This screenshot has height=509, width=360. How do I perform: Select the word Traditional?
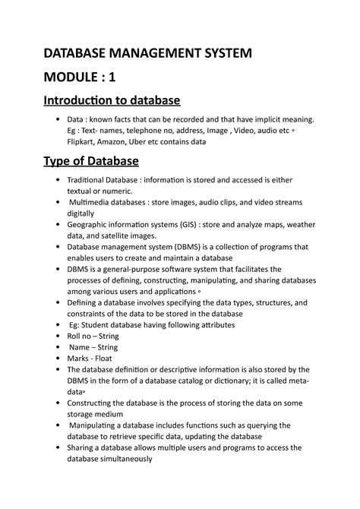93,180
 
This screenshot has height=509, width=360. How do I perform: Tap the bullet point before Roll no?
58,336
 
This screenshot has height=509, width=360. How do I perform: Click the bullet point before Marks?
58,358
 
